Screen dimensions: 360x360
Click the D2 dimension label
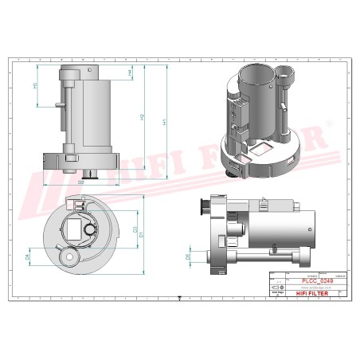click(x=81, y=182)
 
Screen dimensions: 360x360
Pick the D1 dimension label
click(x=142, y=235)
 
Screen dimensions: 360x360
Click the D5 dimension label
click(x=188, y=256)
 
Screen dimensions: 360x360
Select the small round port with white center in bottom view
click(x=72, y=258)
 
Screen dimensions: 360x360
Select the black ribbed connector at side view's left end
click(x=206, y=207)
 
